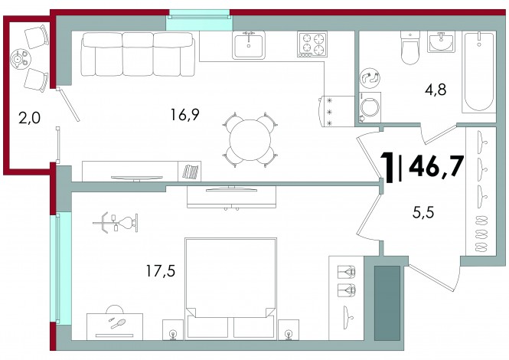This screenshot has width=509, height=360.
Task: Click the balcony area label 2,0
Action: (x=29, y=118)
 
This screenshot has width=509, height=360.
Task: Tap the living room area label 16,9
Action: (x=184, y=114)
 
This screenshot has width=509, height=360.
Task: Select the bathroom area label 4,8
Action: (x=436, y=90)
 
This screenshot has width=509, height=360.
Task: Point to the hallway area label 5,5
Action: (x=423, y=213)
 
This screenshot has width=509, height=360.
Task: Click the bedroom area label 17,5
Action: (x=161, y=270)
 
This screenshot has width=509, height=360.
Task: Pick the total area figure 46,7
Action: (x=436, y=165)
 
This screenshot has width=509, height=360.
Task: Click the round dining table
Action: (x=250, y=140)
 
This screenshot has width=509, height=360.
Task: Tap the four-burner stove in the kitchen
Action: (x=312, y=44)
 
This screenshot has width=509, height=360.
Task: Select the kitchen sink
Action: (x=249, y=45)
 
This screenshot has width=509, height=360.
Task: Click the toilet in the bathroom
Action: (x=410, y=47)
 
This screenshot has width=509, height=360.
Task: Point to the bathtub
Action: (x=479, y=72)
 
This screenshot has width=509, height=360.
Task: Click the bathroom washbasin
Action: (x=441, y=41)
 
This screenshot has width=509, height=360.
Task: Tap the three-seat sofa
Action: (x=138, y=54)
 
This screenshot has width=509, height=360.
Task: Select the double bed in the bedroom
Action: (x=231, y=289)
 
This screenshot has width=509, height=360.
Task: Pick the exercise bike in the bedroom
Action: (x=116, y=223)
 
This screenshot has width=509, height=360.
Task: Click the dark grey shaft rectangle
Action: (x=387, y=303)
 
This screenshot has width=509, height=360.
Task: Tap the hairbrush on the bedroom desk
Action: (x=119, y=323)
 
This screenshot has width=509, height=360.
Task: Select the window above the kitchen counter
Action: (x=199, y=20)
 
